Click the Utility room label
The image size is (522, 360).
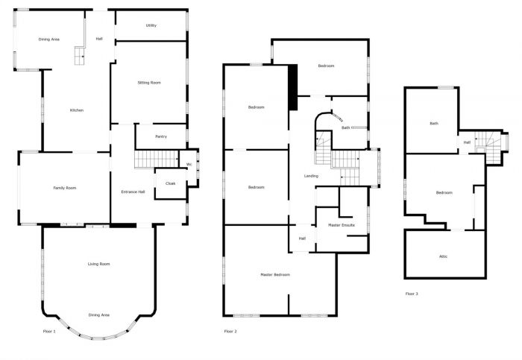(151, 25)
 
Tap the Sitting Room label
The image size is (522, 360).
(149, 83)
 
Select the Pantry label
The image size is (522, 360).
(160, 136)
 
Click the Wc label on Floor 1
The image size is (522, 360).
(189, 164)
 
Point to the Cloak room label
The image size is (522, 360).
(170, 183)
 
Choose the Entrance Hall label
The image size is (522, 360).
(133, 192)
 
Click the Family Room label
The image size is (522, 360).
(64, 188)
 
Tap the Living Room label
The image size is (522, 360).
(98, 264)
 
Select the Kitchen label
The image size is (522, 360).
(76, 110)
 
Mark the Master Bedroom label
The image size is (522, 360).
(274, 275)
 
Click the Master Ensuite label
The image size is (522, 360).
(342, 224)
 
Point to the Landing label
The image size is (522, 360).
(312, 176)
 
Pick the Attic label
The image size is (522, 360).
(443, 256)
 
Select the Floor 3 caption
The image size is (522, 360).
(412, 294)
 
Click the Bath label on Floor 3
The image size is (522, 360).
(433, 124)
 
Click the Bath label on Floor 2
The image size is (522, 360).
(345, 128)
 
